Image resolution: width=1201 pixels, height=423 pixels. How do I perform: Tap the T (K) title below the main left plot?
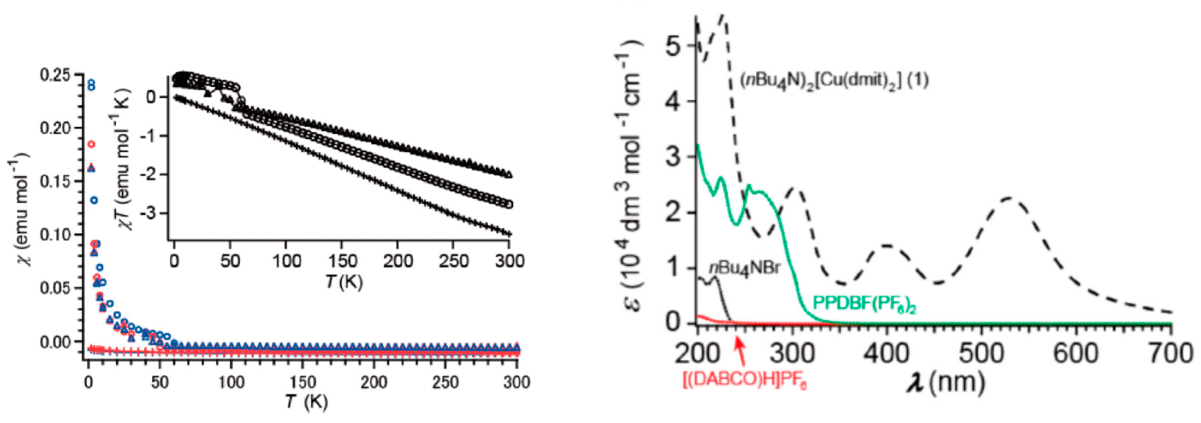(x=307, y=401)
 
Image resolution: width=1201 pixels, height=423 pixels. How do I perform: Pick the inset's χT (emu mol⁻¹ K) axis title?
(x=122, y=159)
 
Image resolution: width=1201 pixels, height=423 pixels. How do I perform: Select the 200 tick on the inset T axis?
(x=398, y=261)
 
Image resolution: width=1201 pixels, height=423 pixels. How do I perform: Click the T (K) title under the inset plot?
(x=344, y=281)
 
